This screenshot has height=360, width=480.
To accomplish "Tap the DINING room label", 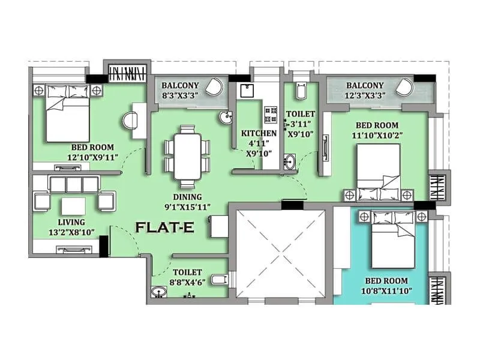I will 188,196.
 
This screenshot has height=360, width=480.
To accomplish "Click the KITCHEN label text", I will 259,133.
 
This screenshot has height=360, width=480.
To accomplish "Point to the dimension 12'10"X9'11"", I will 92,158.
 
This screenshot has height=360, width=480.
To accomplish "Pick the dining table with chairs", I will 188,155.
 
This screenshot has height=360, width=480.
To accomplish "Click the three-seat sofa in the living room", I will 74,184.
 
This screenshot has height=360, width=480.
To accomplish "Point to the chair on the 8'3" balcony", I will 213,89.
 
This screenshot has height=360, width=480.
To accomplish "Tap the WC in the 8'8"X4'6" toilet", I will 220,279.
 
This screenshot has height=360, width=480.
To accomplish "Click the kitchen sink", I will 247,91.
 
